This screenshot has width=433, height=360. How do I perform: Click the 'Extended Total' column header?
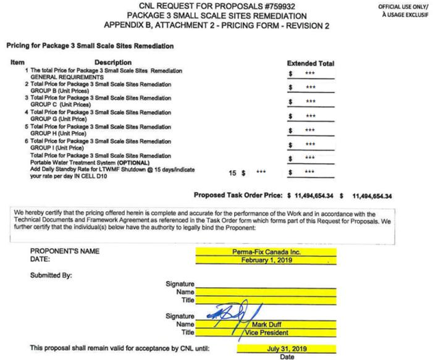click(x=311, y=63)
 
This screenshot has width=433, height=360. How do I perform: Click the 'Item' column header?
click(x=17, y=62)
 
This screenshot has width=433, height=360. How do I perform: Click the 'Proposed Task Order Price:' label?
click(x=238, y=196)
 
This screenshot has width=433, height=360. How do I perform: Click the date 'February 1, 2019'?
click(x=267, y=260)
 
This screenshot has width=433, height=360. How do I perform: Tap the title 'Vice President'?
click(x=267, y=332)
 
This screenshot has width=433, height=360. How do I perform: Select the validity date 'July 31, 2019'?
click(x=266, y=348)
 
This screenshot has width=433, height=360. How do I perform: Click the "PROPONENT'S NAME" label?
click(x=65, y=252)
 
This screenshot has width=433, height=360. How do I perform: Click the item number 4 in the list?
click(x=27, y=112)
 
